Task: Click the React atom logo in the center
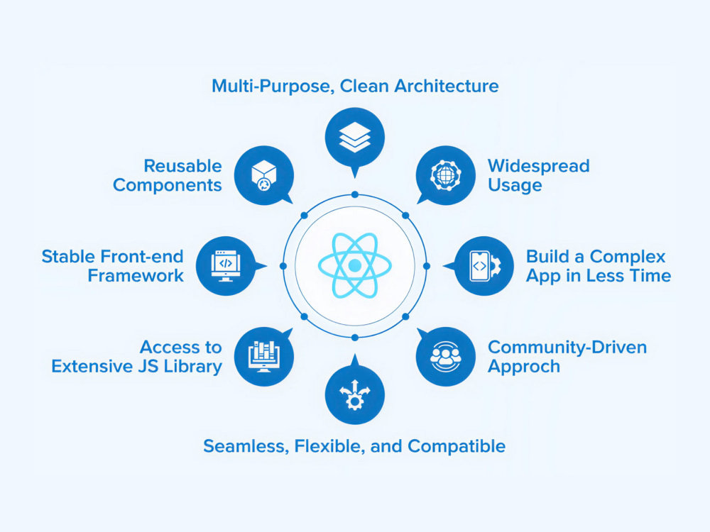click(355, 265)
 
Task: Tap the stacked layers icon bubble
click(355, 138)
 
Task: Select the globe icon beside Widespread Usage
click(446, 175)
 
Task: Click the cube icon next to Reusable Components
click(264, 175)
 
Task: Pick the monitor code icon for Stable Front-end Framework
click(226, 266)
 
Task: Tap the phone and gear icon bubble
click(484, 266)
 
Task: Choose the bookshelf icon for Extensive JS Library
click(264, 357)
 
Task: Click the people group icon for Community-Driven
click(446, 357)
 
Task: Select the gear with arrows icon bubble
click(355, 394)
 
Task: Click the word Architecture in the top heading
click(447, 86)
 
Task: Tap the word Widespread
click(539, 166)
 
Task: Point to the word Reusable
click(183, 166)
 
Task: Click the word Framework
click(136, 275)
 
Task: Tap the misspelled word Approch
click(524, 367)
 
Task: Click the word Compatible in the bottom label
click(457, 446)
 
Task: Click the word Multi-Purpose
click(273, 86)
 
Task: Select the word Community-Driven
click(567, 348)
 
